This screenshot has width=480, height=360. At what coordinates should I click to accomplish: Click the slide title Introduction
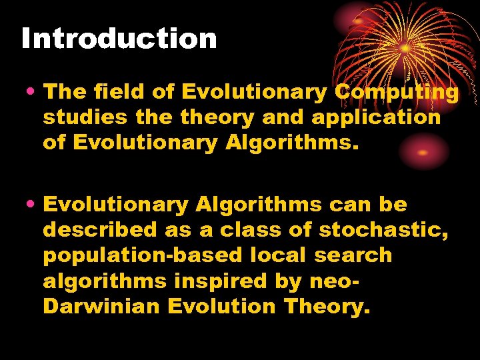click(119, 39)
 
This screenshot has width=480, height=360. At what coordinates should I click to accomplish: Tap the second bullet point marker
click(31, 205)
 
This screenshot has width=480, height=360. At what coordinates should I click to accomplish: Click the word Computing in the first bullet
click(397, 92)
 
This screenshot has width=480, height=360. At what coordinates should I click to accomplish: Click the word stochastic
click(383, 230)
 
